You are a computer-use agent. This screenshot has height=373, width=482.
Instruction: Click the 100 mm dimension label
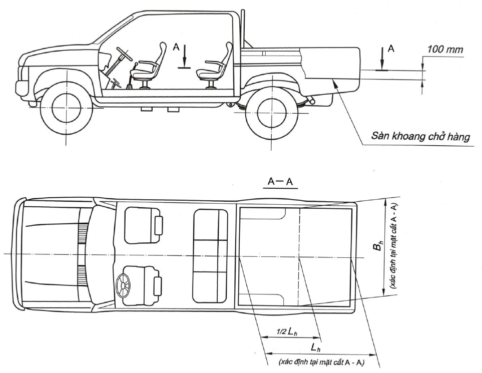pos(445,49)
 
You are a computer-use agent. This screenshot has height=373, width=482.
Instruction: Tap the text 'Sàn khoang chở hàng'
pos(420,136)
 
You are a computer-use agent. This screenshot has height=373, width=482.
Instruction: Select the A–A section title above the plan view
pos(280,181)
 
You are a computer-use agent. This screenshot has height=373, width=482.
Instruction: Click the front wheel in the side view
pos(66,107)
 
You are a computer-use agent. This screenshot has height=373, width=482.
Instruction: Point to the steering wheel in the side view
pos(124,53)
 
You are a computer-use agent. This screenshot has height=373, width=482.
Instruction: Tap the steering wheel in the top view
pos(124,286)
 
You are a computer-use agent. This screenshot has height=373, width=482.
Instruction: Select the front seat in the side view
pos(148,67)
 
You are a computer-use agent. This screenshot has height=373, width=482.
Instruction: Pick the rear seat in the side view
pos(215,67)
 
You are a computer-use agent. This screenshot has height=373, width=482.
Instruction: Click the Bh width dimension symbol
pos(380,246)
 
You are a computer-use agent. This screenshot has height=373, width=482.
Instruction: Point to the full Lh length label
pos(315,348)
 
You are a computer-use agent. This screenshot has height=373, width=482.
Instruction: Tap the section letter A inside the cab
pos(176,47)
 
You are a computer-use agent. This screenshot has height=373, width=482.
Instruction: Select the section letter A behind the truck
pos(391,49)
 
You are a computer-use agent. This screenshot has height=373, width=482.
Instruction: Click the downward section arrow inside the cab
pos(184,56)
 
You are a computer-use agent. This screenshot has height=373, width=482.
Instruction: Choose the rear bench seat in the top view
pos(211,256)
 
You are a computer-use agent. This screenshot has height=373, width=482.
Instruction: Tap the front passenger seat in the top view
pos(143,225)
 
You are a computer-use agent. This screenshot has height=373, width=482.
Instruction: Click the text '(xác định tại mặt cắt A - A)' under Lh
pos(321,362)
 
